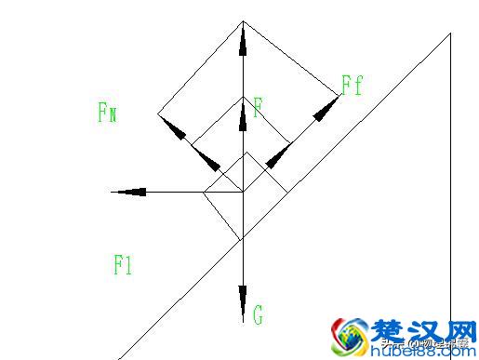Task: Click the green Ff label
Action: coord(352,87)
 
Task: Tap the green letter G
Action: coord(258,315)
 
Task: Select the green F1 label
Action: coord(123,265)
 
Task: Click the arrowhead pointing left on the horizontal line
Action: coord(129,192)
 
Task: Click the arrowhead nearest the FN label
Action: coord(177,132)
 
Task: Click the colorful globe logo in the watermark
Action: coord(351,337)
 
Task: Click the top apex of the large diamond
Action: coord(243,21)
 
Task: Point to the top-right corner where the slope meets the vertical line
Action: coord(450,33)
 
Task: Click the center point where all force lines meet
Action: coord(243,191)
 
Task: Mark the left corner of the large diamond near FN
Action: coord(158,115)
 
